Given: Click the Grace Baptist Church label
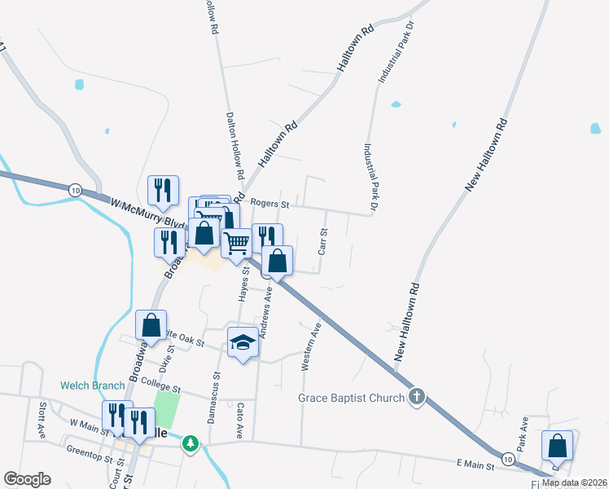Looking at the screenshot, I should click(350, 398).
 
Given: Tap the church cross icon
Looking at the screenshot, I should click(417, 397).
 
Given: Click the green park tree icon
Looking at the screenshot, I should click(191, 443).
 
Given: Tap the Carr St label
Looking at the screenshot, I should click(323, 242).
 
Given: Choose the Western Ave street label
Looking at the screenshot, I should click(307, 347).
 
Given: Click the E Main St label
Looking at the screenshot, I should click(475, 464).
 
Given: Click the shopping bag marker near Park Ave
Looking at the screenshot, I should click(558, 447).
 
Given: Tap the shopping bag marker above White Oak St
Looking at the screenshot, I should click(151, 325).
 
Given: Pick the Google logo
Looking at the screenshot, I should click(28, 479).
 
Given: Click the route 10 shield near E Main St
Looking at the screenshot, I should click(508, 460).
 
